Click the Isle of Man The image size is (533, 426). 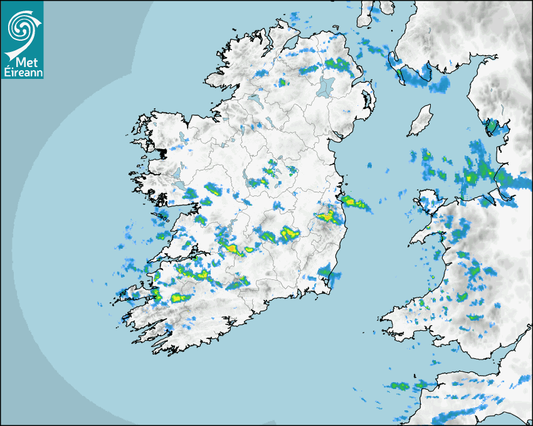click(420, 121)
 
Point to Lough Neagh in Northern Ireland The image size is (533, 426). click(325, 85)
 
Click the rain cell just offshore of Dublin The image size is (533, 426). click(354, 202)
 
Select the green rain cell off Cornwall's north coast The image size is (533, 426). click(400, 386)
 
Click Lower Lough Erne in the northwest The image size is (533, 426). click(254, 98)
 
